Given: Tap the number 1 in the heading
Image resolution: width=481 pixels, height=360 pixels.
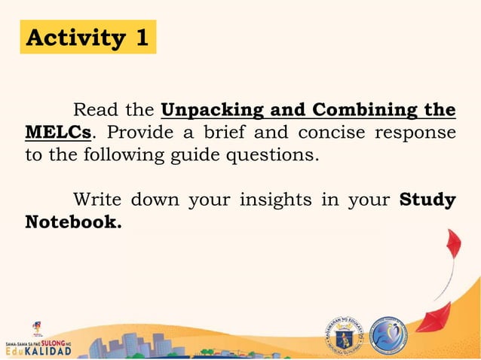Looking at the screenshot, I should [x=141, y=37].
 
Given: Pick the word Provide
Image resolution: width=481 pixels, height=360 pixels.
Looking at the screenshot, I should [x=136, y=133].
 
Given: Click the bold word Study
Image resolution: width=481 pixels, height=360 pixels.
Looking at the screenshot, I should [x=427, y=200].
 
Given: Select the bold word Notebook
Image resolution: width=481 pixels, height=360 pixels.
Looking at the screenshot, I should [x=73, y=222].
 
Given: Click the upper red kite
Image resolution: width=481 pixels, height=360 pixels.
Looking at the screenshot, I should [x=452, y=252].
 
